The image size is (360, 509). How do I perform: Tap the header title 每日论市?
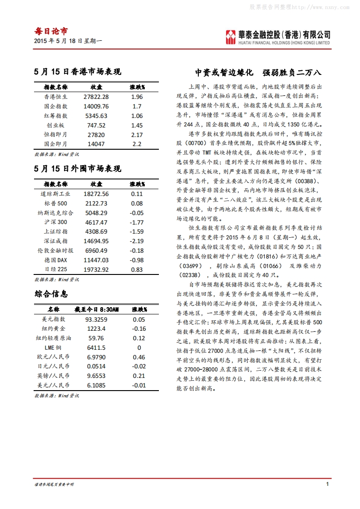click(51, 31)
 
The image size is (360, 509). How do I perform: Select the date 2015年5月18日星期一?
click(68, 41)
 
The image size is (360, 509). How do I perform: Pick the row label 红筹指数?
click(56, 116)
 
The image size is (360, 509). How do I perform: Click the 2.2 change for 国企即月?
click(137, 144)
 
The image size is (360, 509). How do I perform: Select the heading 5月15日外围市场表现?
click(78, 169)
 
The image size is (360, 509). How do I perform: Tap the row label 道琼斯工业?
click(56, 194)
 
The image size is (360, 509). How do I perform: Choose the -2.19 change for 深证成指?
click(137, 241)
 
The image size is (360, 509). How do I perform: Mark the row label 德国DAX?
click(56, 260)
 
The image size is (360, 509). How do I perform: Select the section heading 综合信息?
click(51, 294)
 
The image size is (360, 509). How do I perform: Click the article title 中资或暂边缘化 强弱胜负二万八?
click(258, 72)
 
